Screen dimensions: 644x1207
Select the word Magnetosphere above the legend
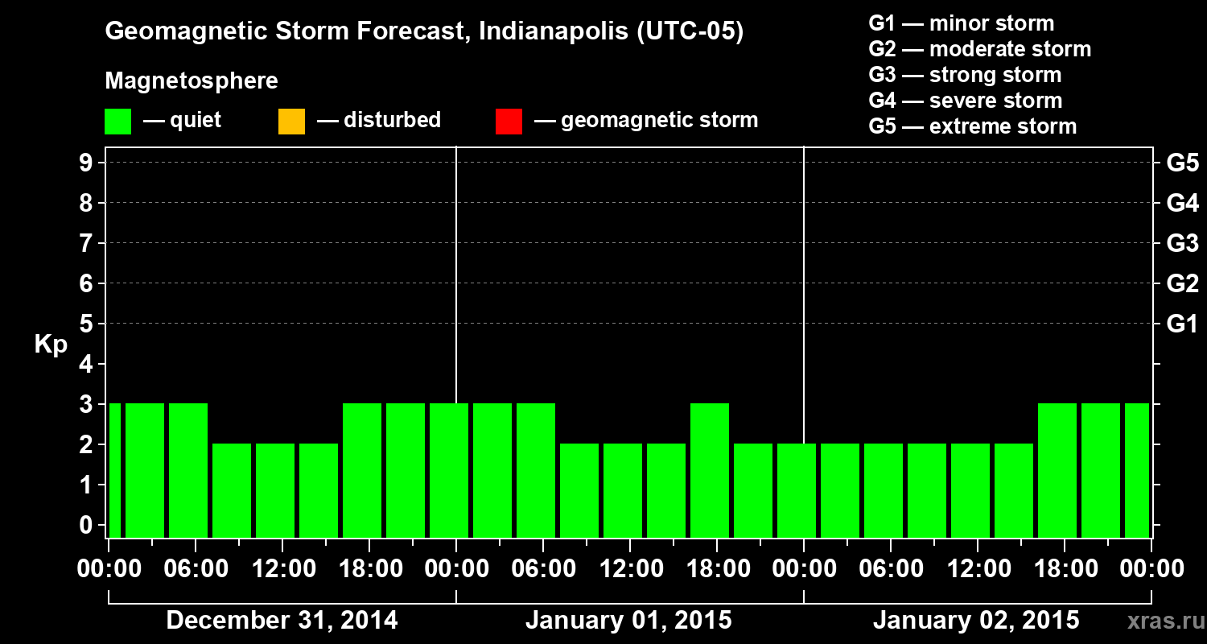192,81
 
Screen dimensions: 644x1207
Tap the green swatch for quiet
117,122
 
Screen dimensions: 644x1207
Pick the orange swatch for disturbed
291,122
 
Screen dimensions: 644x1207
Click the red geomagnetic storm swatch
509,122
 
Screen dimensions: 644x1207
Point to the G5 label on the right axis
1182,163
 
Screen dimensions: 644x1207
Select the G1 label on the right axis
1182,324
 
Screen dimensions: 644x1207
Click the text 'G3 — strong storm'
965,75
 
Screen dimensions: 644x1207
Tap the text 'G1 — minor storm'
961,23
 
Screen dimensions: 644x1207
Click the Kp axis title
51,345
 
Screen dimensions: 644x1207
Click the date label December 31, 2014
282,621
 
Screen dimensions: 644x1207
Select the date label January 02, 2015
976,621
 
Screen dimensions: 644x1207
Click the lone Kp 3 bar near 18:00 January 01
710,470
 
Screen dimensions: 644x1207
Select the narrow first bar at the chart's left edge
114,470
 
